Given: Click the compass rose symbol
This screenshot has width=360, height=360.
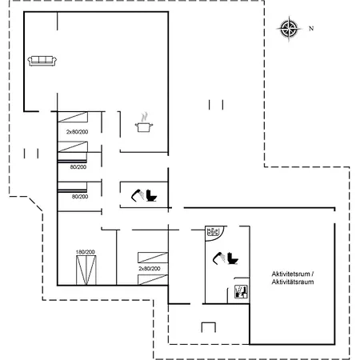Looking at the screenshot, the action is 289,29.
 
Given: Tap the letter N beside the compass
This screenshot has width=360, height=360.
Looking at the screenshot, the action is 311,28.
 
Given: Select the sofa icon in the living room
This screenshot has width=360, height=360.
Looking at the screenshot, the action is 42,61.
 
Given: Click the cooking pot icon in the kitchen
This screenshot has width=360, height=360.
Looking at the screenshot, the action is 144,127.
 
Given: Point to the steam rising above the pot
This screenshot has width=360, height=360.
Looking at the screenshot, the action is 144,117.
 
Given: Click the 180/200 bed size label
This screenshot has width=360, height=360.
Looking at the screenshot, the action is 86,252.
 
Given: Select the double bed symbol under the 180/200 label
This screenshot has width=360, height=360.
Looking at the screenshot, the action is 86,270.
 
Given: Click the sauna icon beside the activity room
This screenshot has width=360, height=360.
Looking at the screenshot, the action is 241,292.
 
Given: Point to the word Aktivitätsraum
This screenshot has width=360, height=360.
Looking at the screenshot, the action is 293,282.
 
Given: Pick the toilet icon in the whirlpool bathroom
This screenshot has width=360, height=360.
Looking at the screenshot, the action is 233,258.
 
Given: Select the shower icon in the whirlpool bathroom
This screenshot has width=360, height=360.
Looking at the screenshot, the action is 219,258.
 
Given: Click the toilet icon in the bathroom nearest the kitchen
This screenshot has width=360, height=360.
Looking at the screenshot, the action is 151,196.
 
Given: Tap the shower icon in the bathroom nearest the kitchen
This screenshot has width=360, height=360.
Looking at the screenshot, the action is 138,195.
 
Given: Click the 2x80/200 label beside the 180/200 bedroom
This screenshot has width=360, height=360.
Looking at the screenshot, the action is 150,269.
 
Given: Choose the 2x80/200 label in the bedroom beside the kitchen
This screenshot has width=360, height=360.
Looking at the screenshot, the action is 77,132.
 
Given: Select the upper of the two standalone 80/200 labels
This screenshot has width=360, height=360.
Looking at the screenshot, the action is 78,167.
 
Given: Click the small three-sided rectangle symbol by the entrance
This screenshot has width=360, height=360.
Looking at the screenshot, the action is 209,327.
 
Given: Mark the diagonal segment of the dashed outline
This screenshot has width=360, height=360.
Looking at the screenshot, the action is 35,204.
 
